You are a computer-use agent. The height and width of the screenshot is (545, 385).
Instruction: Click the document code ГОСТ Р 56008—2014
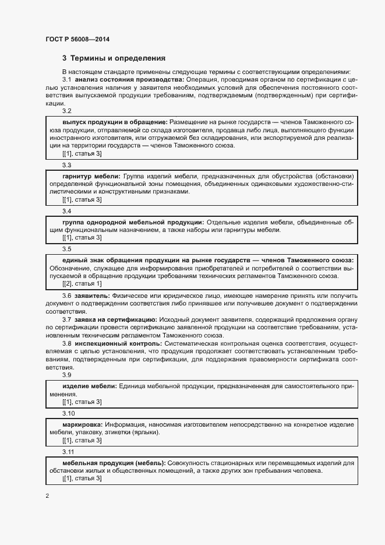tap(77, 39)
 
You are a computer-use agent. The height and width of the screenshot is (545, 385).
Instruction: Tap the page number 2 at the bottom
tap(47, 496)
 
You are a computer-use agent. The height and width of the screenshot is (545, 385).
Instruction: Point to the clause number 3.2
tap(66, 111)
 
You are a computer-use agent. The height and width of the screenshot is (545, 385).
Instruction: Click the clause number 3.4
tap(66, 212)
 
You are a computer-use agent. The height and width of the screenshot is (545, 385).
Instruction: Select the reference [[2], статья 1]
tap(82, 283)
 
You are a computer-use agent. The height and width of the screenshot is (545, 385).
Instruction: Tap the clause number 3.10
tap(68, 413)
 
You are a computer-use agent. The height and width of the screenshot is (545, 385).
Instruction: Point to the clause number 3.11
tap(68, 452)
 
